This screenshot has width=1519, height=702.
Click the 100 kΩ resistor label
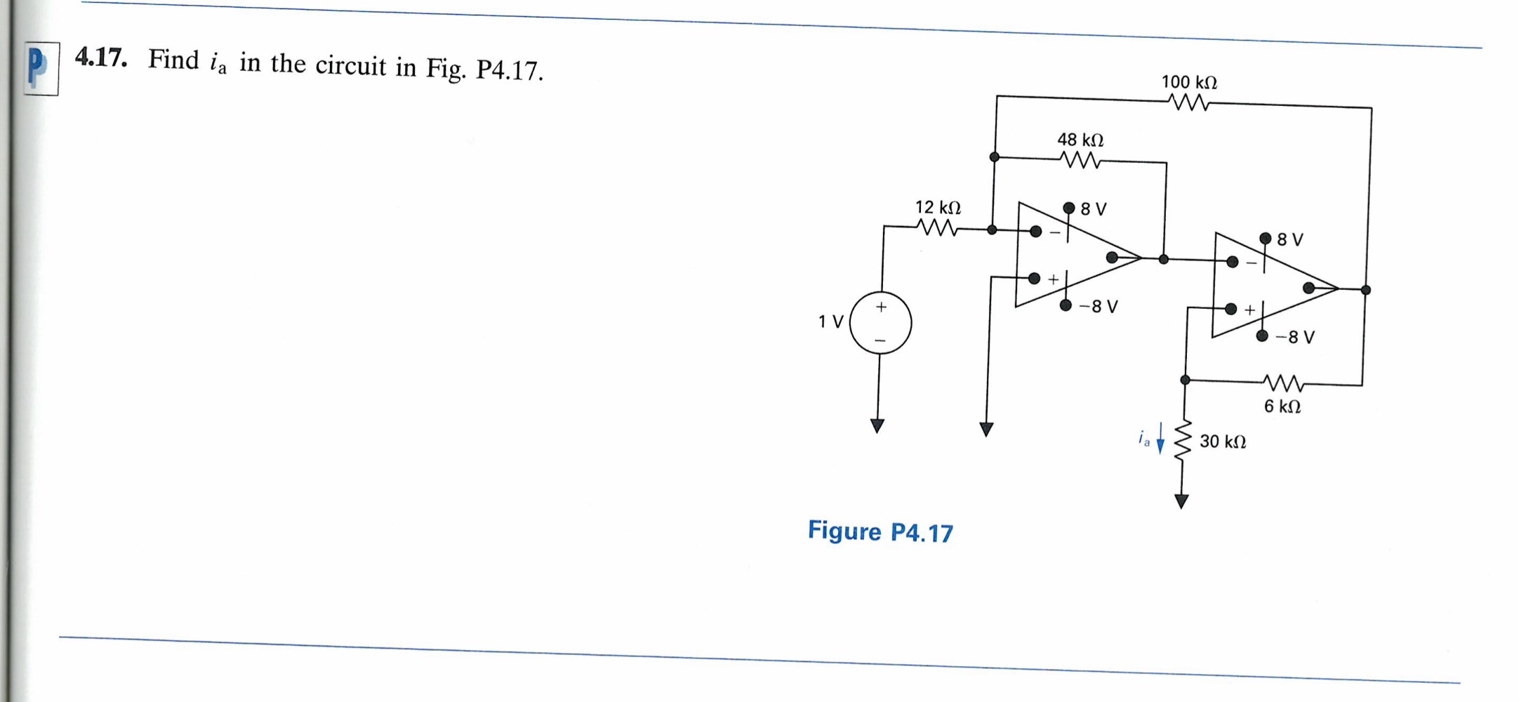pos(1189,82)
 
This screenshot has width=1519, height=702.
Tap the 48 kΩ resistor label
pos(1080,140)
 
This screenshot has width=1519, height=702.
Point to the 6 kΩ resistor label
pos(1282,406)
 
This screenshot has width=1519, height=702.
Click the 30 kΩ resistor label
pos(1222,442)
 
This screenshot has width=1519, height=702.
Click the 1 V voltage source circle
pos(880,324)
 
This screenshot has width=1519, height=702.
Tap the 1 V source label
pos(830,322)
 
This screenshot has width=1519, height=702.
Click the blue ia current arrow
pos(1160,439)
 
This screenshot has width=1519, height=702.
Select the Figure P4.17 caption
pos(880,532)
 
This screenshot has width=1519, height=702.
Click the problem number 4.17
pos(101,57)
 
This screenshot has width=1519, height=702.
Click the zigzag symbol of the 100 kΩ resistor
pos(1190,103)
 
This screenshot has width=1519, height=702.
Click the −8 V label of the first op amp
pos(1099,307)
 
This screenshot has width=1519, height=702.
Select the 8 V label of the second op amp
pos(1289,239)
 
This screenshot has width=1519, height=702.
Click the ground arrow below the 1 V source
pos(877,425)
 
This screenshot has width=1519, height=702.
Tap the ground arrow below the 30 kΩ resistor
pos(1181,501)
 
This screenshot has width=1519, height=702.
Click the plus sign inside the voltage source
pos(881,307)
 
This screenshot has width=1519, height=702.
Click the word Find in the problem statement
pos(173,60)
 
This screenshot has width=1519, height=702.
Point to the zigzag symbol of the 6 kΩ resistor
pos(1283,383)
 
